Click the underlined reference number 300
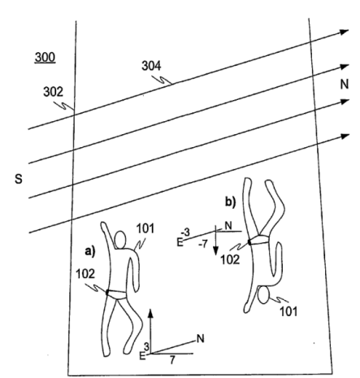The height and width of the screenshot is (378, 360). pos(46,58)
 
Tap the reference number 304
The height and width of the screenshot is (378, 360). pos(151,66)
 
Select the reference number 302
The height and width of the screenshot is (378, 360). pos(53,92)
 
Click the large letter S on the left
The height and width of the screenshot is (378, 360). pos(19,179)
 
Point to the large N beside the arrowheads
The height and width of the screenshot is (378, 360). pos(345,85)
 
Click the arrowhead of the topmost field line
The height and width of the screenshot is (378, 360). pos(345,32)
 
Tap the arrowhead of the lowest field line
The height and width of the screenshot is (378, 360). pos(345,136)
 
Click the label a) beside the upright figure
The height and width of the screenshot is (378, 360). pos(90,251)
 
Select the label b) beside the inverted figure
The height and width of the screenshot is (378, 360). pos(231,202)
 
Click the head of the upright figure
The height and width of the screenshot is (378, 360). pos(120,240)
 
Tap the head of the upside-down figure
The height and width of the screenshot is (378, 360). pos(263,295)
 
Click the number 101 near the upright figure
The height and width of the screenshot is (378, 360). pos(145,228)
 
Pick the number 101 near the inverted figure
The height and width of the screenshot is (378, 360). pos(288,311)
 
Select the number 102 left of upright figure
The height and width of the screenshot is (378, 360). pos(85,274)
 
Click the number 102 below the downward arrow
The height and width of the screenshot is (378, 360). pos(230,260)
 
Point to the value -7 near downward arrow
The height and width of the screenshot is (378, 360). pos(203,244)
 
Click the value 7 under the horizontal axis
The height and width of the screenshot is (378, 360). pos(172,360)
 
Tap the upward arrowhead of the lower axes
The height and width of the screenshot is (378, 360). pos(151,313)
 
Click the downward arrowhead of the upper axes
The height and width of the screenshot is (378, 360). pos(215,250)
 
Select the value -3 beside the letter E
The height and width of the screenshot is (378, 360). pos(185,232)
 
